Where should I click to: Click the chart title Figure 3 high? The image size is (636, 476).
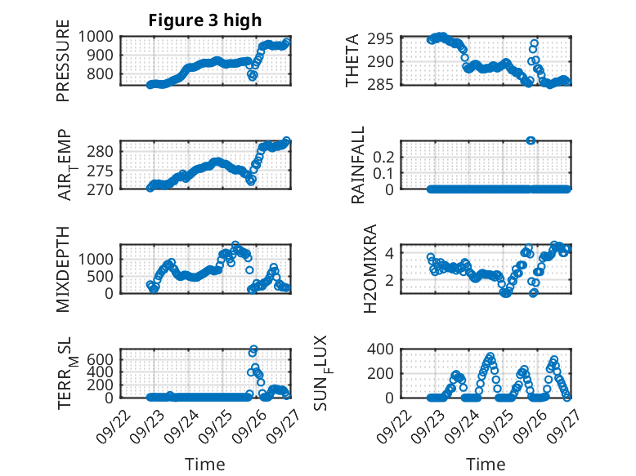point(205,20)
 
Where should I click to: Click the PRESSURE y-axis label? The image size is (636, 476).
point(63,61)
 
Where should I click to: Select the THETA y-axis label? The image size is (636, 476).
point(352,61)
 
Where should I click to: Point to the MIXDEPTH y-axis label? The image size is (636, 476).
point(63,269)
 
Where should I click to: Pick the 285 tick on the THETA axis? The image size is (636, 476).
point(384,84)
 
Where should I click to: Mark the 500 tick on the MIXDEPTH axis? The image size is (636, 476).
point(102,276)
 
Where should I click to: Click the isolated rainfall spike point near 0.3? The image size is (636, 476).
point(531,140)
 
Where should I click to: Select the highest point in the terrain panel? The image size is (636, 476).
point(253,349)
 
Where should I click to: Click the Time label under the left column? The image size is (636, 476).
point(205,465)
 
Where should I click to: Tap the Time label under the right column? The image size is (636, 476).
point(486,465)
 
